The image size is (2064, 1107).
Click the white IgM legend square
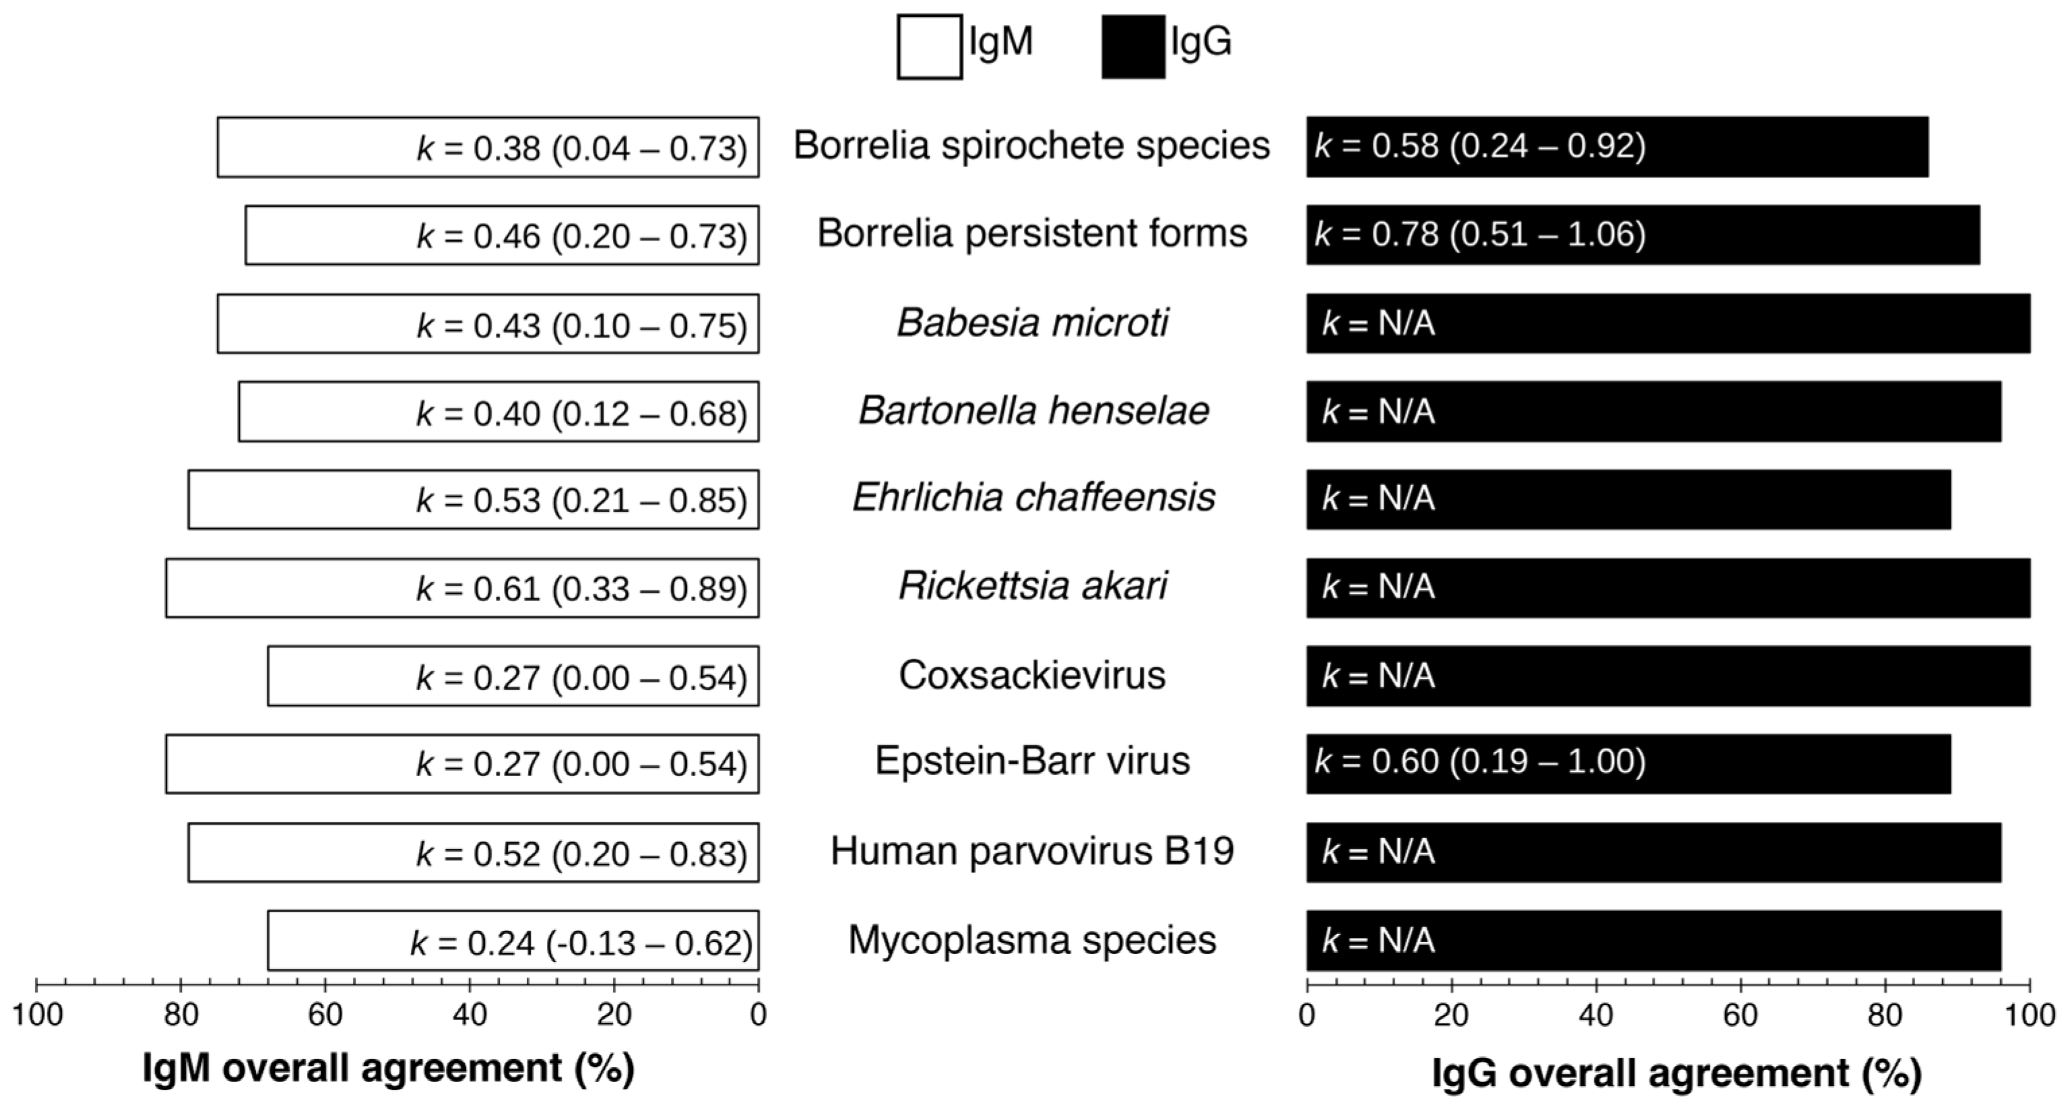930,46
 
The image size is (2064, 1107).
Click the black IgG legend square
1133,46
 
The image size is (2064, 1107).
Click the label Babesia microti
1032,323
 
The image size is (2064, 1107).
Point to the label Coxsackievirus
1032,675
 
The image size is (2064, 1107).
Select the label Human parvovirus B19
1032,851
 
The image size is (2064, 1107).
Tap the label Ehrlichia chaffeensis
1033,498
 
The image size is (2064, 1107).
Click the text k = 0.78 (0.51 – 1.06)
1480,234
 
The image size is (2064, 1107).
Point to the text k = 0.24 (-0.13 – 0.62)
582,943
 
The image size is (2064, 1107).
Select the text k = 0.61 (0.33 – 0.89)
582,588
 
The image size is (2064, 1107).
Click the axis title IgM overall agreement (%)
389,1069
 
